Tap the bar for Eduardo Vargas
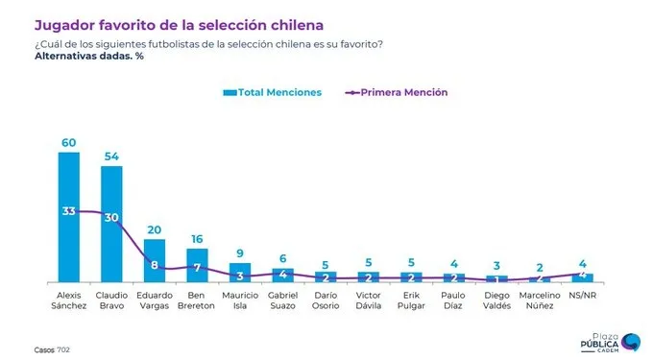pos(155,260)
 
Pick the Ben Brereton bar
pos(198,264)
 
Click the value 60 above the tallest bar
pos(69,142)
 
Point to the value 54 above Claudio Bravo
pos(112,156)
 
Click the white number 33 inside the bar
pos(69,210)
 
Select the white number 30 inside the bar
pos(112,217)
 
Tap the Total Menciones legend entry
pos(272,92)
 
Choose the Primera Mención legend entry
pos(397,92)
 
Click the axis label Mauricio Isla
pos(240,301)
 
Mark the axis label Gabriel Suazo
pos(283,301)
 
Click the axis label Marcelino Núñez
pos(540,301)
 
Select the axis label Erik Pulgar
pos(411,301)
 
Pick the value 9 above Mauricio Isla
pos(240,254)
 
